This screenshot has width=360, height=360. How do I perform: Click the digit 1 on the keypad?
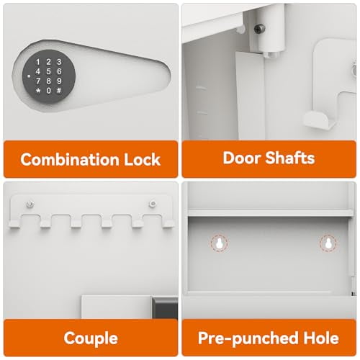point(37,63)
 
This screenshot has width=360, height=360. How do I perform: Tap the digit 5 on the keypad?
point(48,72)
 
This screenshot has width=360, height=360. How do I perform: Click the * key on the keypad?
point(37,91)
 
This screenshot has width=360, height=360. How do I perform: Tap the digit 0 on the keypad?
point(48,91)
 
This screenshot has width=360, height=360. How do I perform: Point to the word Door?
point(241,158)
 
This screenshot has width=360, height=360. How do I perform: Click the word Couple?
point(90,338)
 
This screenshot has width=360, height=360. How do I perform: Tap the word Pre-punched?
point(243,338)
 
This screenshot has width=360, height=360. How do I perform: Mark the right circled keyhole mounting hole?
point(328,244)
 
